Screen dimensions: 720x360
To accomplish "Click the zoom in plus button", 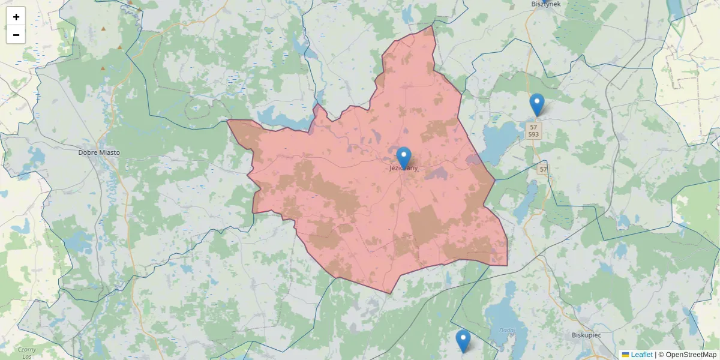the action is point(16,17).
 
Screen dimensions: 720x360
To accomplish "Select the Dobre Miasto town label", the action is point(99,152).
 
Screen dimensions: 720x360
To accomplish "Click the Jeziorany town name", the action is point(403,169).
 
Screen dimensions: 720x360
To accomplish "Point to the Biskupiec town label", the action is point(586,335).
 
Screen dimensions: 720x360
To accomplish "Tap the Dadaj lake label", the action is point(506,331).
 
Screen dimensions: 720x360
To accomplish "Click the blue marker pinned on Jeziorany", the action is point(404,158).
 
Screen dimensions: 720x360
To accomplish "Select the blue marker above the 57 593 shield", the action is point(537,104).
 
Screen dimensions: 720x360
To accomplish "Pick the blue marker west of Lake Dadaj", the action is point(463,340).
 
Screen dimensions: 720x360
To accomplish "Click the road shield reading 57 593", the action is point(533,131).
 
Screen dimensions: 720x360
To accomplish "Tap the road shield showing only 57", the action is point(542,170).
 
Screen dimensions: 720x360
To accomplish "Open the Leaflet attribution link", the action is point(641,355).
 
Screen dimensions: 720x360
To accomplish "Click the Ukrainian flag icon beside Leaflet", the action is point(625,355).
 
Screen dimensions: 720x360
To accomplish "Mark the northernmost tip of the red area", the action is point(432,25).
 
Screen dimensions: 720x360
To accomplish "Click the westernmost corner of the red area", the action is point(227,120).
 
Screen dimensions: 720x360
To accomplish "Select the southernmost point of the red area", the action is point(391,294).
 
